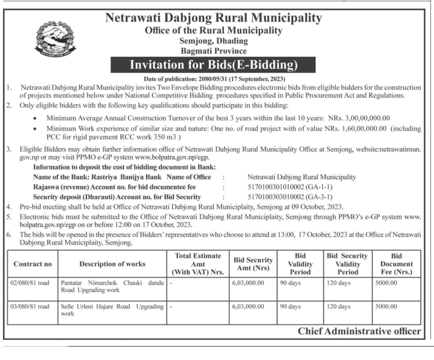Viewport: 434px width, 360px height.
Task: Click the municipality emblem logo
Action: pyautogui.click(x=56, y=40)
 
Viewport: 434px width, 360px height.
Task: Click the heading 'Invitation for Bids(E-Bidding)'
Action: pyautogui.click(x=213, y=65)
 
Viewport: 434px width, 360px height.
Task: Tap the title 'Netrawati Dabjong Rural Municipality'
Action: pyautogui.click(x=213, y=18)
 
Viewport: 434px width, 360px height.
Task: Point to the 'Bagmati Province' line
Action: pyautogui.click(x=213, y=51)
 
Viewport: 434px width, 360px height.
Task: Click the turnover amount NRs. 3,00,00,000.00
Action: pyautogui.click(x=359, y=118)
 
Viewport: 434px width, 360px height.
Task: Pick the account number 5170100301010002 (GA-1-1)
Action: pyautogui.click(x=290, y=187)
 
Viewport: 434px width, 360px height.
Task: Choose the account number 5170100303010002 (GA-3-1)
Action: pyautogui.click(x=290, y=197)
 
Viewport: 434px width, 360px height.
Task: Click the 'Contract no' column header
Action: pyautogui.click(x=33, y=264)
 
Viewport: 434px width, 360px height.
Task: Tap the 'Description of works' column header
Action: pyautogui.click(x=112, y=264)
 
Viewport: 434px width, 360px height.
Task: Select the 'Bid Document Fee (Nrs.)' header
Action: pyautogui.click(x=396, y=264)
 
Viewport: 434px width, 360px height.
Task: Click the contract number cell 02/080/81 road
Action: pyautogui.click(x=30, y=283)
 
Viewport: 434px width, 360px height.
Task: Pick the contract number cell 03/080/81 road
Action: pyautogui.click(x=30, y=306)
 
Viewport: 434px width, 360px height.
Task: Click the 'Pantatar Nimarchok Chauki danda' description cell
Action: pyautogui.click(x=112, y=286)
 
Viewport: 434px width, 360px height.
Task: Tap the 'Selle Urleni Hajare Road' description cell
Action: pyautogui.click(x=112, y=310)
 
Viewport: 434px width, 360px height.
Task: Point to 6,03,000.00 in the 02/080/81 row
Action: pyautogui.click(x=248, y=283)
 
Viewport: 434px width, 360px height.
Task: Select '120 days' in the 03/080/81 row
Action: pyautogui.click(x=339, y=306)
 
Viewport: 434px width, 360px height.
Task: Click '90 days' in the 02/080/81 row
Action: pyautogui.click(x=291, y=283)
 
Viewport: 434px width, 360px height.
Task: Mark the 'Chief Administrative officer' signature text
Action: pyautogui.click(x=359, y=331)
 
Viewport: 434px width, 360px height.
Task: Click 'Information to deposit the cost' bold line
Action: pyautogui.click(x=124, y=167)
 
